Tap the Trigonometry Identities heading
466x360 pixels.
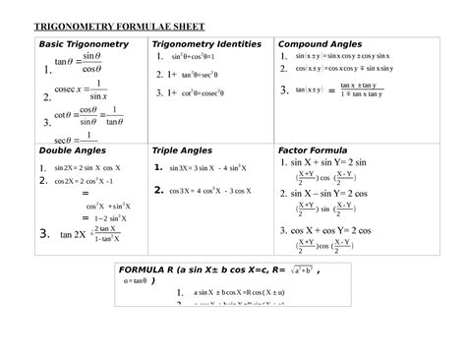205,45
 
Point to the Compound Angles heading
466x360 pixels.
320,45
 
